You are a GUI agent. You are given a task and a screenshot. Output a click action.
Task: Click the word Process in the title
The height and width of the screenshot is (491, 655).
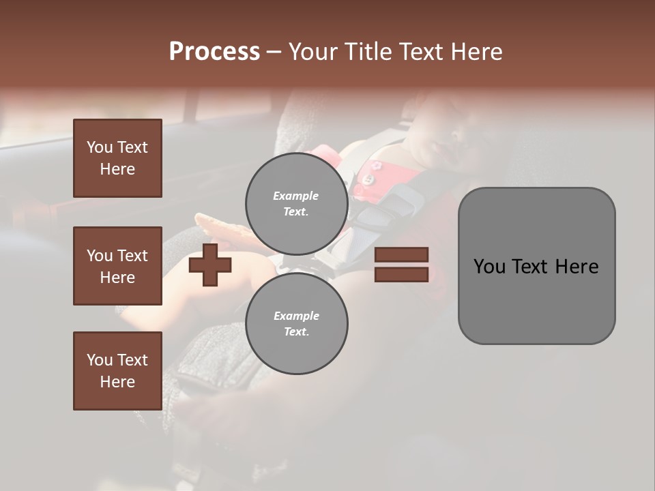(214, 52)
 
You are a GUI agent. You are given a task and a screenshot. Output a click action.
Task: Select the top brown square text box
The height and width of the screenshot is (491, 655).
(117, 158)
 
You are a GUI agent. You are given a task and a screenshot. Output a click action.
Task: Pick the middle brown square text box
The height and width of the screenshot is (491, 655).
(117, 266)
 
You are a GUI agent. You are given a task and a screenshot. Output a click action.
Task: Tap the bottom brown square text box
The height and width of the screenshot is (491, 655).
(117, 371)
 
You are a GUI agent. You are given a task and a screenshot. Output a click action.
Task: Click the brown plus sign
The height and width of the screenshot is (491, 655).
(209, 265)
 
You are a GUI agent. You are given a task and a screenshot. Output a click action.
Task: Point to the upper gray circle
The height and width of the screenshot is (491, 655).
(296, 204)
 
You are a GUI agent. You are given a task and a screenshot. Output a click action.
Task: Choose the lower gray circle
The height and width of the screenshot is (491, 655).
(296, 324)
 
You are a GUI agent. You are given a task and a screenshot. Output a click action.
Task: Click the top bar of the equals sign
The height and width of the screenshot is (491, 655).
(401, 255)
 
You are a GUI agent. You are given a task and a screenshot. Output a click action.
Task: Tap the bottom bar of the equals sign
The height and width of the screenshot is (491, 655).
(401, 274)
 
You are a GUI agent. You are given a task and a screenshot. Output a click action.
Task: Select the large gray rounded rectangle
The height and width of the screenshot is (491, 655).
(536, 265)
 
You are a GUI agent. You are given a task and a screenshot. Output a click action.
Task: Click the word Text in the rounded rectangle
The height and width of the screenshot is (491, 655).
(534, 266)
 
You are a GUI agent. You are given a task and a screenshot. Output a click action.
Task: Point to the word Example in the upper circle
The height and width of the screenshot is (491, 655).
(296, 196)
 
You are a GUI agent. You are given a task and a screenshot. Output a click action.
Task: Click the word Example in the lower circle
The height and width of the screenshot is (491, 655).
(296, 316)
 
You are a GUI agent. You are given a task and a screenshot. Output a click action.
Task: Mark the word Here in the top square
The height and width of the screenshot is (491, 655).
(117, 169)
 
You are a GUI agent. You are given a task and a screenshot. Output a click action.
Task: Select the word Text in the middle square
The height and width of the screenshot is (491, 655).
(132, 256)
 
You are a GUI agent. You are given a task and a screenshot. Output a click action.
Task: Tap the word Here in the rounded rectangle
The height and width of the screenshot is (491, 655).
(577, 266)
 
